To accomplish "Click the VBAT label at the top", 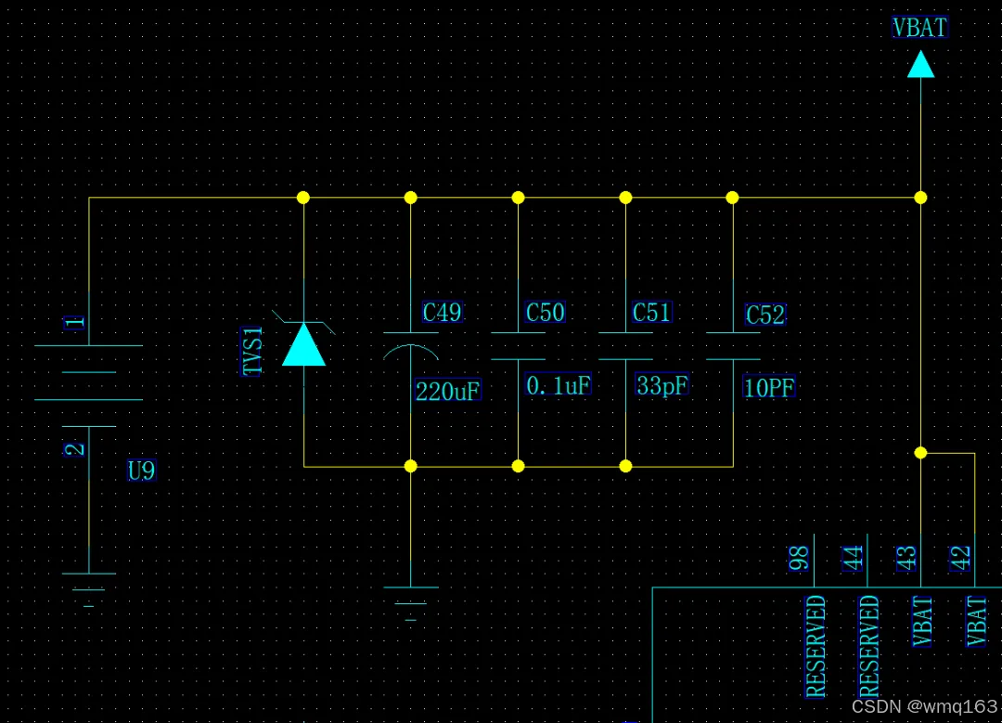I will pos(919,28).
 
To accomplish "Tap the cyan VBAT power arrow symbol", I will pos(920,64).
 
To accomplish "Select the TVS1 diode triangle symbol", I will pos(303,344).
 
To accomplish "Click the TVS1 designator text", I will pos(253,351).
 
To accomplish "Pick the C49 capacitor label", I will pos(442,312).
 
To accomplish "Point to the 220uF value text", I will pos(448,391).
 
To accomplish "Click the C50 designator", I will pos(545,312).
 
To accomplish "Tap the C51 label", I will pos(651,312).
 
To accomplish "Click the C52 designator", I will pos(765,316).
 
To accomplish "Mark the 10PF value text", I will pos(769,388).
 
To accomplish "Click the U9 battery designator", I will pos(141,471).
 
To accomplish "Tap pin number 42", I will pos(961,558).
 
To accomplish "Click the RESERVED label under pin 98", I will pos(816,646).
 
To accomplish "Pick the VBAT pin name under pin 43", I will pos(922,622).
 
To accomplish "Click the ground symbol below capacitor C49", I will pos(410,599).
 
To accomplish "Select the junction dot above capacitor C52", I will pos(732,198).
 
